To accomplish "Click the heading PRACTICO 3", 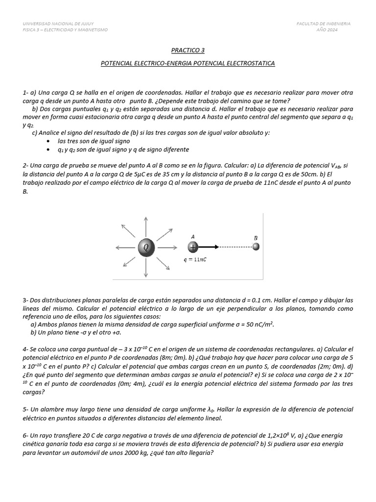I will coord(188,50).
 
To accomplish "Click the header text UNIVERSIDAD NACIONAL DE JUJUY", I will coord(58,24).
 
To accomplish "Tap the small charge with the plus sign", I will coord(193,248).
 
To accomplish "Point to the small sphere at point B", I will coord(256,247).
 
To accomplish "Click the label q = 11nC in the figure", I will coord(195,260).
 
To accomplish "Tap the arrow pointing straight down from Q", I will coord(145,270).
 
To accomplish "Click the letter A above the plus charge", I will coord(193,236).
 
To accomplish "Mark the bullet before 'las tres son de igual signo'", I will coord(47,141).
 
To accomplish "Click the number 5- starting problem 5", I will coord(25,409).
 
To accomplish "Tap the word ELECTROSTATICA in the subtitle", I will coord(249,63).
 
